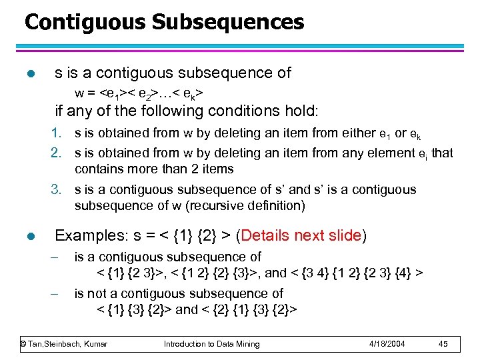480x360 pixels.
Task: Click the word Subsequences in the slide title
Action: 228,22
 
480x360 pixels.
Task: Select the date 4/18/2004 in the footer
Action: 386,344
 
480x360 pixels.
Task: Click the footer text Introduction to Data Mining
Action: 211,344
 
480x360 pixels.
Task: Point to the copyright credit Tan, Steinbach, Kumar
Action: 64,344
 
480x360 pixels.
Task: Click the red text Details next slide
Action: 301,235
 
